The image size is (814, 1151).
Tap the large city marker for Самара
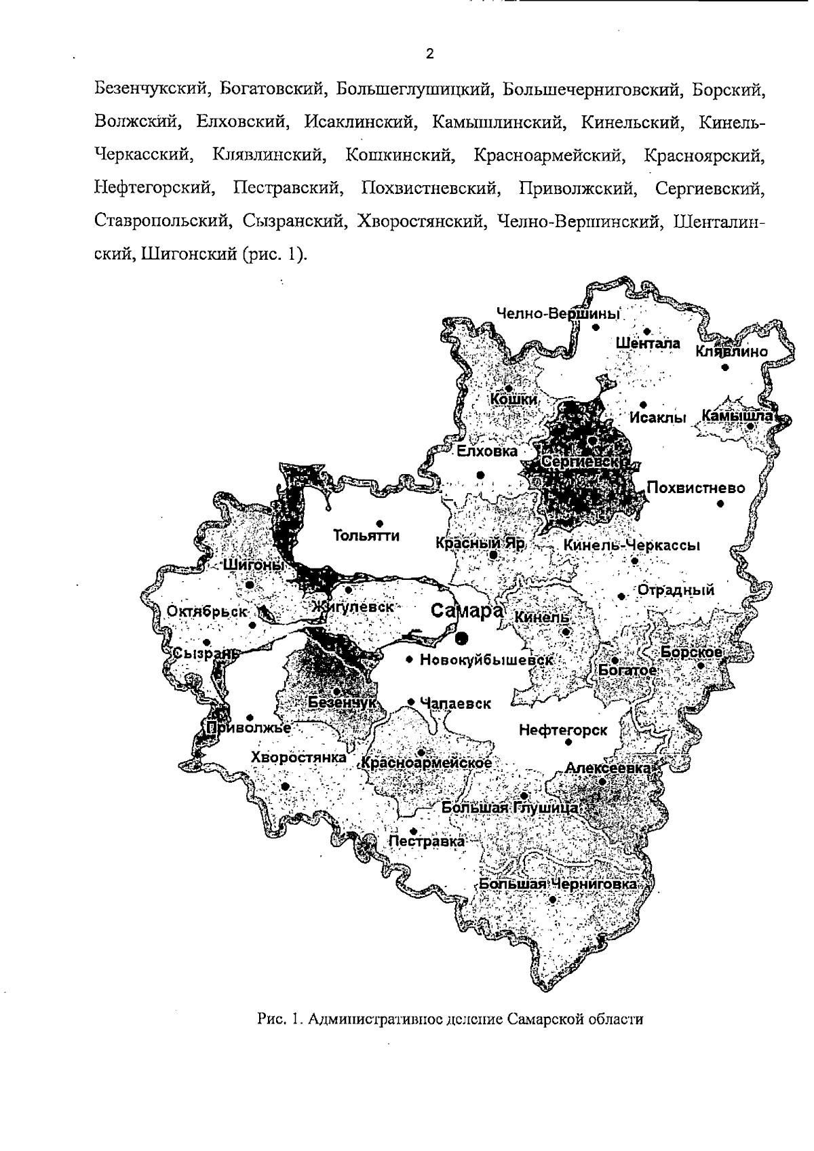(462, 636)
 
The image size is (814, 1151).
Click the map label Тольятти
(366, 537)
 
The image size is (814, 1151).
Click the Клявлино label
(731, 352)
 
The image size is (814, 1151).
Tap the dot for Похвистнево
(720, 503)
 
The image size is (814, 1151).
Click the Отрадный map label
(676, 590)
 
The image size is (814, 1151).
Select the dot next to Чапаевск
(410, 702)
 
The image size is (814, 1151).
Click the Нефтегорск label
(563, 730)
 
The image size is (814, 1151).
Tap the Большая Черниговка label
(558, 884)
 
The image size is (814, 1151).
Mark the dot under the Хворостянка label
(285, 786)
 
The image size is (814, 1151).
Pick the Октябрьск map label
(208, 611)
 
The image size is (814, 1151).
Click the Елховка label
(486, 452)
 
